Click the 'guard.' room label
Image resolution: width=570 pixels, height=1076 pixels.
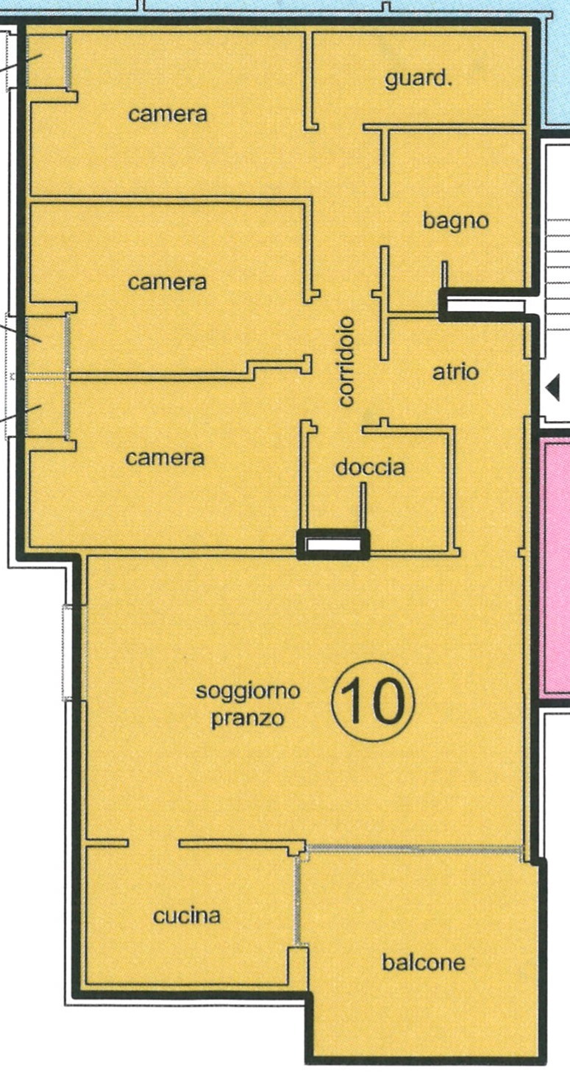[x=418, y=79]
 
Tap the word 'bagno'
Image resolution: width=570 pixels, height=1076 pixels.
[x=455, y=221]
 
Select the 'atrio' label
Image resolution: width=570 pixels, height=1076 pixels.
[x=455, y=372]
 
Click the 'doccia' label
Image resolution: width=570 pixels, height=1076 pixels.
[x=370, y=467]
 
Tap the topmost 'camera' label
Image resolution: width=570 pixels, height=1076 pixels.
[x=168, y=115]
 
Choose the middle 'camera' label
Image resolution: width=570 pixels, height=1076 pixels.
[x=167, y=282]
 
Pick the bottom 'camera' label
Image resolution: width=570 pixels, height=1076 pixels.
[x=165, y=458]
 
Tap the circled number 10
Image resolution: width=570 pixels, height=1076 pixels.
[x=373, y=702]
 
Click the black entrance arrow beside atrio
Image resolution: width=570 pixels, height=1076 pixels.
[x=554, y=389]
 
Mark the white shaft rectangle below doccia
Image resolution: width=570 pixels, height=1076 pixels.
[x=334, y=545]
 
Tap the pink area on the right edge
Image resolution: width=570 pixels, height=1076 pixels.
[x=557, y=569]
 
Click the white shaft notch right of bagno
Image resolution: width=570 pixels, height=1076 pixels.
[x=484, y=306]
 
